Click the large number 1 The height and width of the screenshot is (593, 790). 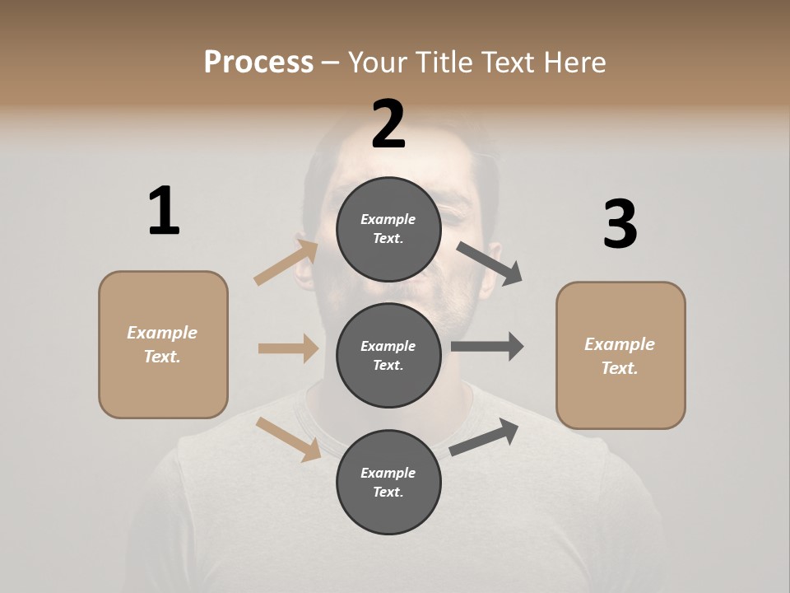tap(164, 211)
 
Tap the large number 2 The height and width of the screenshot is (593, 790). tap(388, 124)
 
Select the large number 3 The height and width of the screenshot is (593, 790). tap(620, 224)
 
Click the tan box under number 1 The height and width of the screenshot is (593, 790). tap(163, 344)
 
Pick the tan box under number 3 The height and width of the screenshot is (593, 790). tap(620, 355)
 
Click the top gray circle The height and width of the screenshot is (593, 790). tap(388, 229)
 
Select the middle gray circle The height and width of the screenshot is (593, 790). tap(388, 355)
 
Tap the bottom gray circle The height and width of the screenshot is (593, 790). tap(388, 482)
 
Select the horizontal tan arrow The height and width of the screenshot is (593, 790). tap(288, 348)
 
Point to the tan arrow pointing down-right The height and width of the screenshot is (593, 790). tap(289, 439)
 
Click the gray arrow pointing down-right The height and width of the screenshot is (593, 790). tap(490, 263)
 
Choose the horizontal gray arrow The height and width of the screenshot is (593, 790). tap(487, 347)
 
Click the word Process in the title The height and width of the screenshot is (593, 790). tap(258, 62)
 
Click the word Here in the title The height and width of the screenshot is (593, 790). tap(574, 62)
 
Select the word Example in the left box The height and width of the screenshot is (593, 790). tap(162, 332)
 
